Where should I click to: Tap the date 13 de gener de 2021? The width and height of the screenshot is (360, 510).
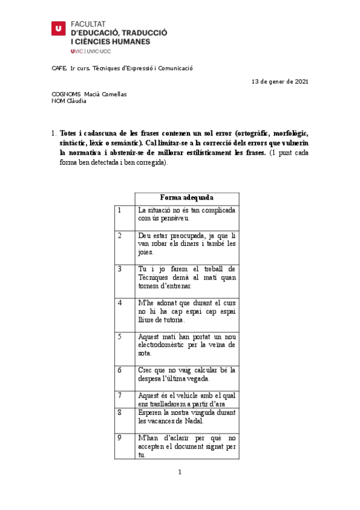(279, 81)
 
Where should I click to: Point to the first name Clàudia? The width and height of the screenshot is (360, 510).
(76, 101)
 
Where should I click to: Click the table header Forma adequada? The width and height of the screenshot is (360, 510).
(186, 197)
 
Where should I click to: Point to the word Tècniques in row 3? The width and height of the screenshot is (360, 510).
(155, 277)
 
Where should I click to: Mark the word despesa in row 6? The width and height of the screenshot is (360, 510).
(150, 378)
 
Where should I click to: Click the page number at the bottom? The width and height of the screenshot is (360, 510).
(179, 472)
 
